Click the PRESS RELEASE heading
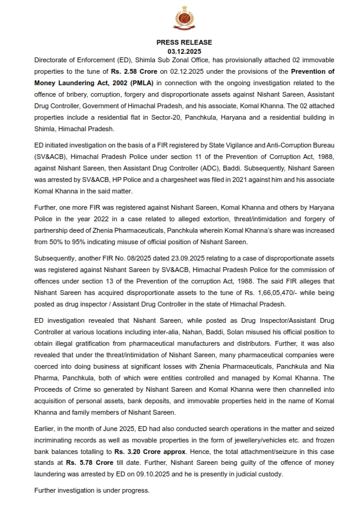[180, 42]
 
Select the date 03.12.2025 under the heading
[180, 52]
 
